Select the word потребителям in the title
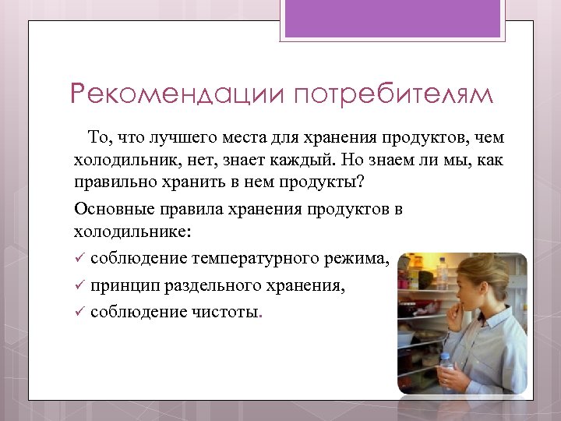(x=393, y=94)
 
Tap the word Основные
(x=108, y=210)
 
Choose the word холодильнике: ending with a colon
(x=131, y=232)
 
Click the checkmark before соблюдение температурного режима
(x=79, y=259)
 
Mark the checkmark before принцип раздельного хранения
(x=79, y=286)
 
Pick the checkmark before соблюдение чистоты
(x=79, y=313)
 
